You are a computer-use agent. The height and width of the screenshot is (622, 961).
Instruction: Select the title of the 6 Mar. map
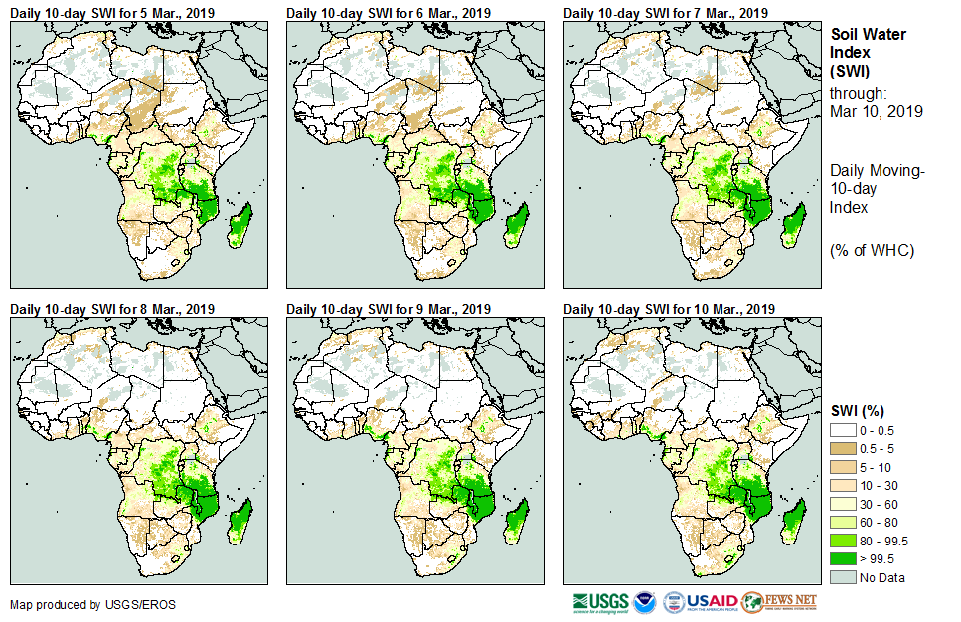[x=389, y=13]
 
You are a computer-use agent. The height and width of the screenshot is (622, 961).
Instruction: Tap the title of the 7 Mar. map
[x=666, y=13]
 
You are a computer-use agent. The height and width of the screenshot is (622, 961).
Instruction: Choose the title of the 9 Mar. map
[x=389, y=309]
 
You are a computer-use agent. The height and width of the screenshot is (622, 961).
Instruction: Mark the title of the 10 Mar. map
[x=669, y=309]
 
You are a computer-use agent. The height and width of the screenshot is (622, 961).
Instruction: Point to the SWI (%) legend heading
[x=858, y=411]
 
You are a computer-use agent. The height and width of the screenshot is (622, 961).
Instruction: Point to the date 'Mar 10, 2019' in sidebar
[x=876, y=111]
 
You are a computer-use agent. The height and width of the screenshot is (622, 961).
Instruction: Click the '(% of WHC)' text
[x=872, y=250]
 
